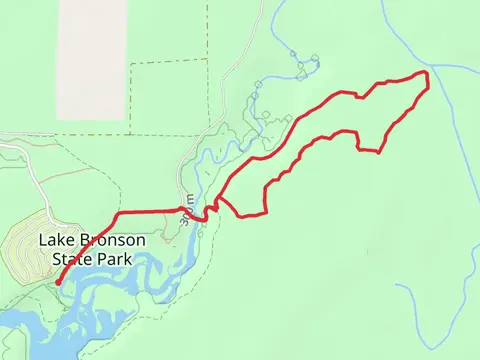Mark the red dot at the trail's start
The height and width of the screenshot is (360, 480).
point(58,283)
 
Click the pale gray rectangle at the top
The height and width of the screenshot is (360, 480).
point(92,45)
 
